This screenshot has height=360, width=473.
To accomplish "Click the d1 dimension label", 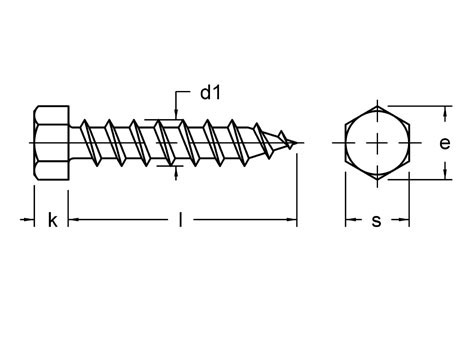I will click(x=210, y=94).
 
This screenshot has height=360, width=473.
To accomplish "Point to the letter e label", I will click(x=444, y=143).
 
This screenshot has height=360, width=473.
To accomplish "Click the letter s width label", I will click(x=376, y=220).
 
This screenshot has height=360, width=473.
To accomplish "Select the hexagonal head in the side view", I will click(x=50, y=143).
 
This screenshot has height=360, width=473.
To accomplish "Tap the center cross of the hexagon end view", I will click(x=376, y=143).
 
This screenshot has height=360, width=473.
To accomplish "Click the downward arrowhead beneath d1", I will click(x=178, y=116).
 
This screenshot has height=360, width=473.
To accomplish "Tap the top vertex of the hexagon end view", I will click(x=376, y=106).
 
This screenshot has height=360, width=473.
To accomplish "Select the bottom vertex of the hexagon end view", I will click(x=376, y=180).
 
